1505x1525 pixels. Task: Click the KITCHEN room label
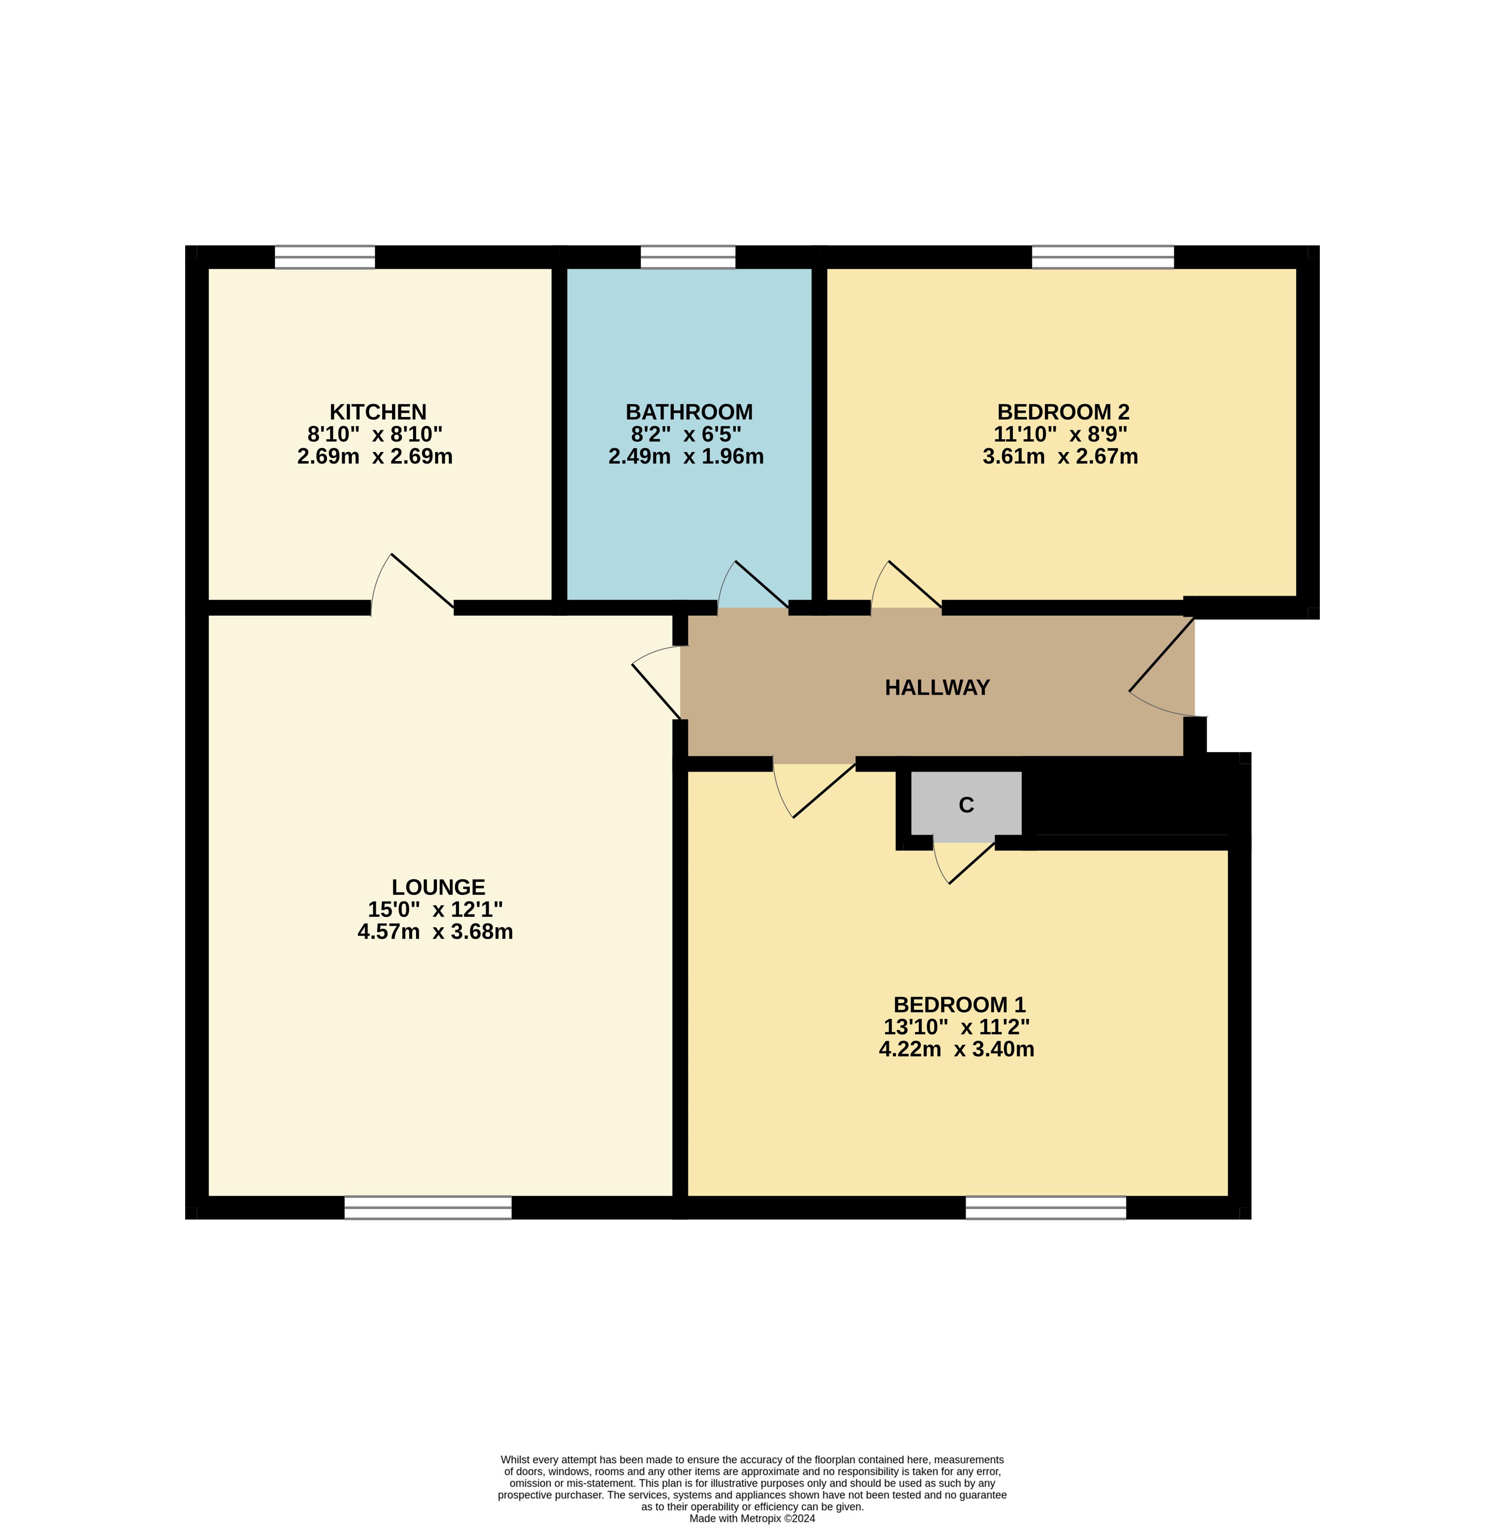pos(377,412)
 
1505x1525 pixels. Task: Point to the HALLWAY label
pos(937,688)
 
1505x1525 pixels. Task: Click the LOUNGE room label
pos(438,887)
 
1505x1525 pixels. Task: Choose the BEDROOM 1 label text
pos(959,1005)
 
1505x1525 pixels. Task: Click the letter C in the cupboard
pos(966,805)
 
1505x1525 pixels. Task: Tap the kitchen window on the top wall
pos(324,257)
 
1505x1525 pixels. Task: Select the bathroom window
pos(688,257)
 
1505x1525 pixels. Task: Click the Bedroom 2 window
pos(1103,257)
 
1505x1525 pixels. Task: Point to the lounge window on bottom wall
pos(428,1208)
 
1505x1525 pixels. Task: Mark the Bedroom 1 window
pos(1046,1208)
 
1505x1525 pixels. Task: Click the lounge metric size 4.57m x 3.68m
pos(435,931)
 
